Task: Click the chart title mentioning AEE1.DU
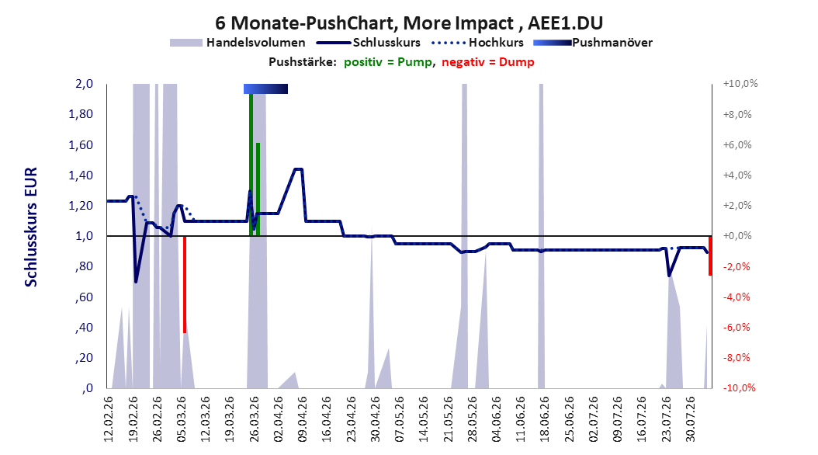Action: pyautogui.click(x=409, y=23)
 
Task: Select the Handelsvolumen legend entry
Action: pyautogui.click(x=238, y=43)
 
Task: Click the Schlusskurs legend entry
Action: pyautogui.click(x=369, y=43)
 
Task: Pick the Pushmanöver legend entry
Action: pyautogui.click(x=593, y=43)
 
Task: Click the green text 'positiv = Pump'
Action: pyautogui.click(x=388, y=62)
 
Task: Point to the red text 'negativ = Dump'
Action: pyautogui.click(x=488, y=62)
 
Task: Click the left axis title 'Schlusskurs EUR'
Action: pyautogui.click(x=31, y=227)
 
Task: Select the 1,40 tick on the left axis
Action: pyautogui.click(x=81, y=175)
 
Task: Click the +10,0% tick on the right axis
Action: pyautogui.click(x=740, y=84)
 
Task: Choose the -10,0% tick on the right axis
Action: pyautogui.click(x=739, y=388)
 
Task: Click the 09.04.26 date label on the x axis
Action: pyautogui.click(x=303, y=419)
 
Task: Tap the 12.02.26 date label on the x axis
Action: pyautogui.click(x=109, y=419)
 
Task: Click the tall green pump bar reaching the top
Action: pyautogui.click(x=251, y=165)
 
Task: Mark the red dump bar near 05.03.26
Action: pyautogui.click(x=185, y=284)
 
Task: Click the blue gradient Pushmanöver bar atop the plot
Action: pyautogui.click(x=265, y=89)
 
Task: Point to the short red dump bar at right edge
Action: pyautogui.click(x=710, y=255)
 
